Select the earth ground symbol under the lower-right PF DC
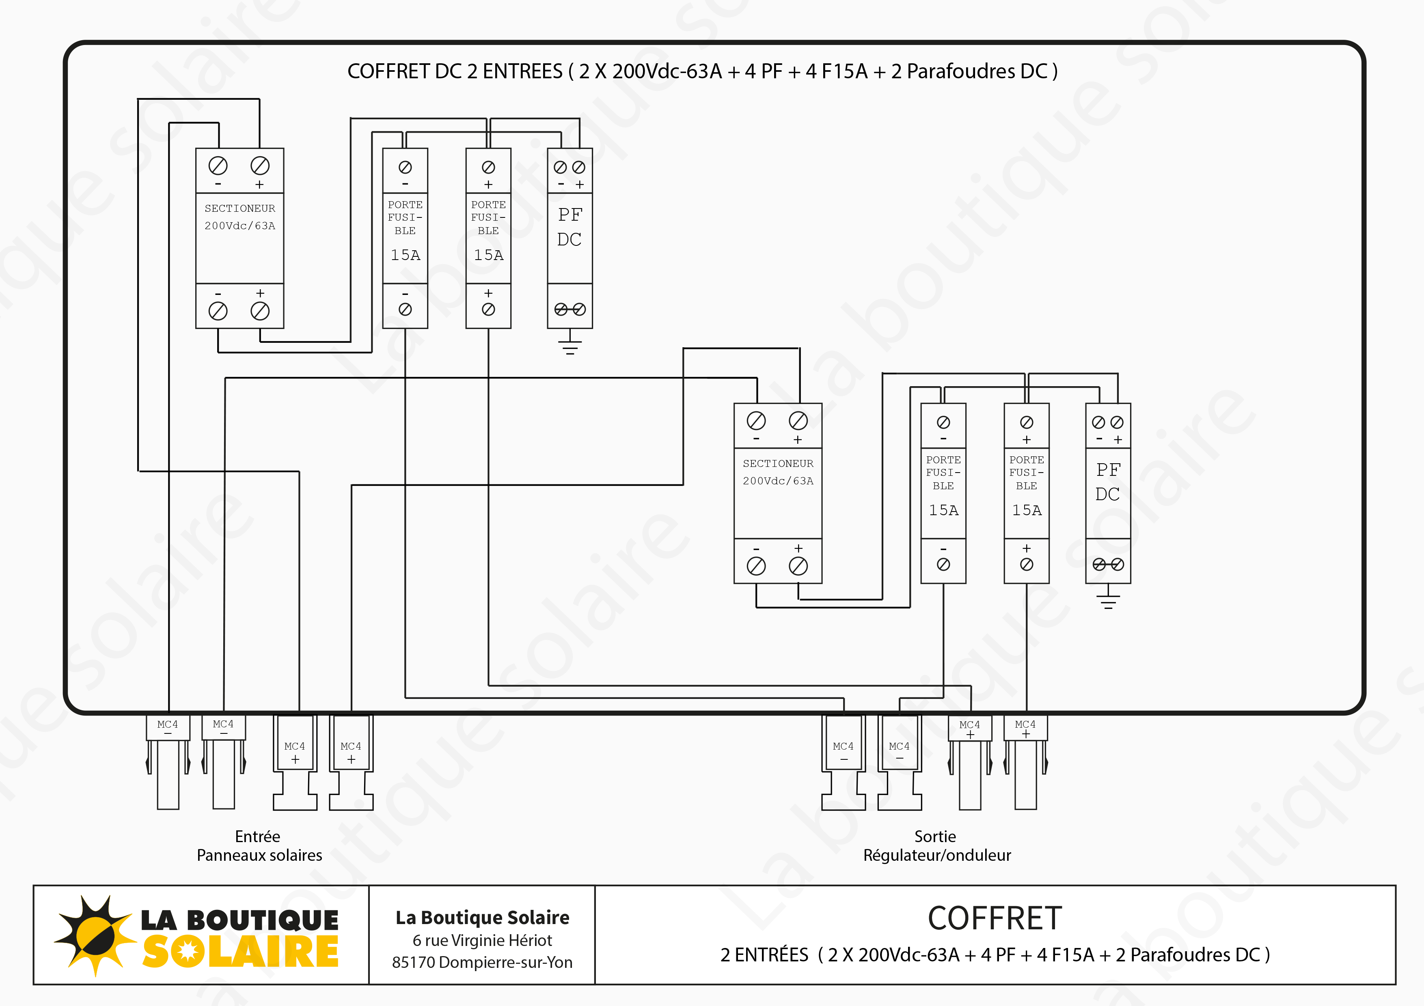(1108, 600)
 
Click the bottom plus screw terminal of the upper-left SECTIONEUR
(260, 311)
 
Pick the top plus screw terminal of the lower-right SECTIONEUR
(798, 421)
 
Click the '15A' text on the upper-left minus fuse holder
(405, 255)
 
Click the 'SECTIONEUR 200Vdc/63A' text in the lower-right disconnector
(778, 472)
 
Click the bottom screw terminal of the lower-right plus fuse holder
(1027, 564)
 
